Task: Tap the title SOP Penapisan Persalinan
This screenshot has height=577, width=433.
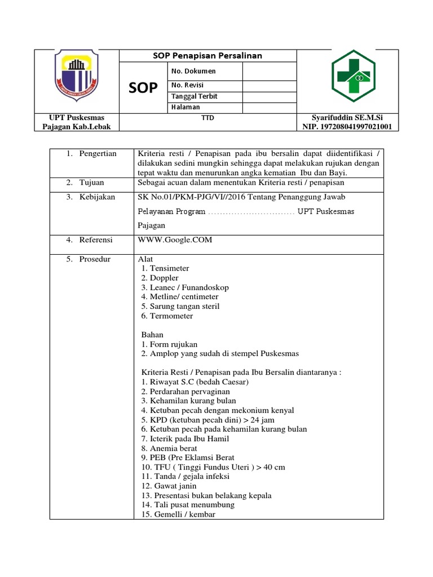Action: click(207, 56)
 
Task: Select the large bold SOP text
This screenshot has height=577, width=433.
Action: click(143, 88)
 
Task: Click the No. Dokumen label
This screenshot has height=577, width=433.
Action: click(193, 71)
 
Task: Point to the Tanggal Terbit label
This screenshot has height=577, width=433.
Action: click(194, 96)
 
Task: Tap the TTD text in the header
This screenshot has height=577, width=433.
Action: click(207, 118)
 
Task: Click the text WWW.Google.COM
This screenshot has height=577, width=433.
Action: click(175, 239)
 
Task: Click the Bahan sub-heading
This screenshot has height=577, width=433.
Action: click(152, 334)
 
